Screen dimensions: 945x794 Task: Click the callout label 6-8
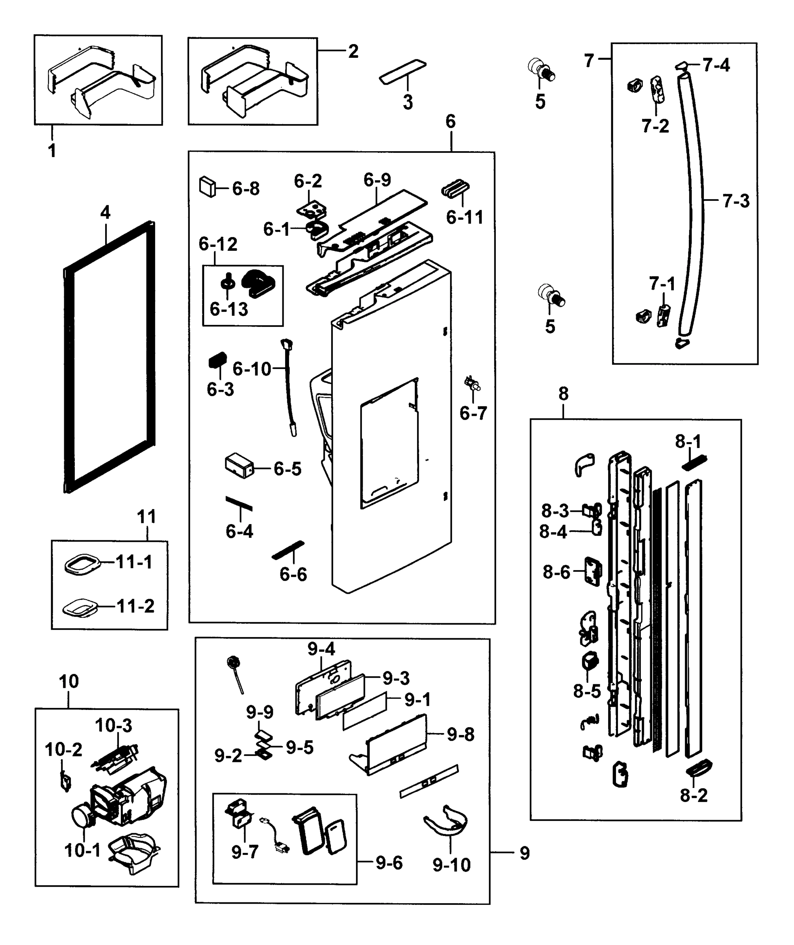coord(246,189)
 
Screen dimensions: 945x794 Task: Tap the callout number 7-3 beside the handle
coord(736,201)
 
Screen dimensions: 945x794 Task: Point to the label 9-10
coord(451,864)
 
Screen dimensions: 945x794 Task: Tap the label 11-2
coord(135,606)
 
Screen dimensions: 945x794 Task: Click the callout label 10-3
coord(113,725)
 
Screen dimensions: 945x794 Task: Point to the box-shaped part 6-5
coord(239,466)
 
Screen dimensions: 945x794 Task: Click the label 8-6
coord(557,572)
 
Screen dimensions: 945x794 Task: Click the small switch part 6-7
coord(472,384)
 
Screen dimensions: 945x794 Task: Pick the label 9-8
coord(460,734)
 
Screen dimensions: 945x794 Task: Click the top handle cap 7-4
coord(682,66)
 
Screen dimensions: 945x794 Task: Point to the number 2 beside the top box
coord(353,51)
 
